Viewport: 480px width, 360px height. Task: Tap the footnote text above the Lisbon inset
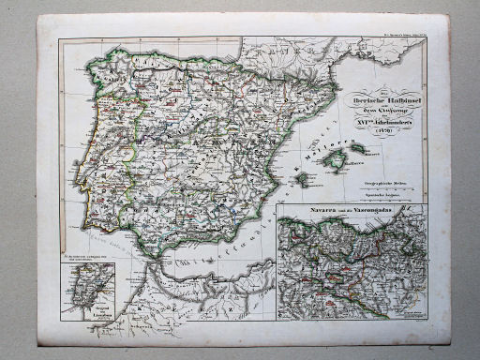click(x=85, y=262)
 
